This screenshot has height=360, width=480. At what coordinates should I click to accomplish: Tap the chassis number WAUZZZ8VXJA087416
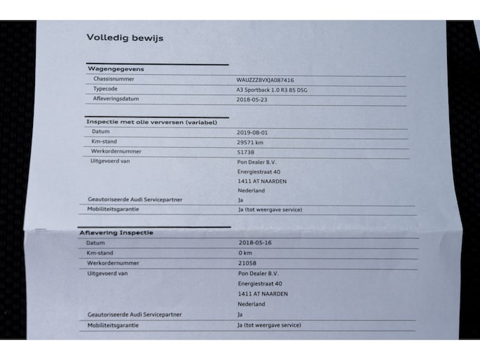point(265,80)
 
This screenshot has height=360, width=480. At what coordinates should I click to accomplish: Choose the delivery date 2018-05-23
point(252,100)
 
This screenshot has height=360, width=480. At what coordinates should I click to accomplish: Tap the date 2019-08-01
point(252,132)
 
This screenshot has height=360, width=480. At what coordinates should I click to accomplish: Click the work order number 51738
point(246,151)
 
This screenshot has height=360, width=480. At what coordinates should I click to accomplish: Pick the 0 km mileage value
point(245,253)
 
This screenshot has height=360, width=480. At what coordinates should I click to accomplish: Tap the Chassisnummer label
point(114,79)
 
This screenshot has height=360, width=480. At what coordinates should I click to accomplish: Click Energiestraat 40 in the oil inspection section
point(259,172)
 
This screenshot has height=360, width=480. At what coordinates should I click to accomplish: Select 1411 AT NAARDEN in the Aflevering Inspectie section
point(263,294)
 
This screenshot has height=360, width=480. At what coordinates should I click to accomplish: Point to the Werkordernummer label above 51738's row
point(115,151)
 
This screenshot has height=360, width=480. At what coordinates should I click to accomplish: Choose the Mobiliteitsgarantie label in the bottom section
point(113,326)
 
